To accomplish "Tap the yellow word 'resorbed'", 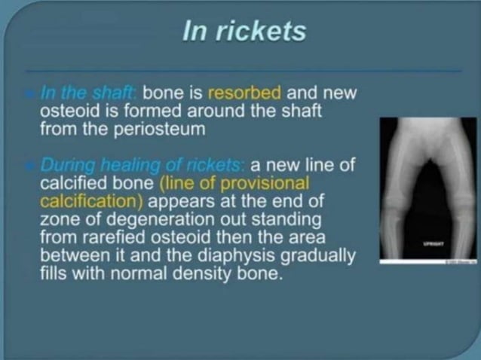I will (244, 94).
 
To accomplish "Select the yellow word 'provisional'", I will (268, 183).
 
